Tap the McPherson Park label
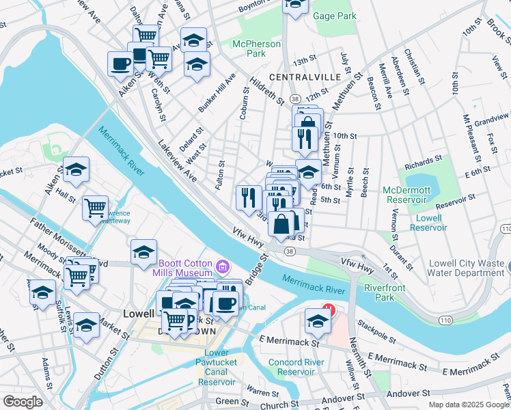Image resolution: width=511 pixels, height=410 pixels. (256, 49)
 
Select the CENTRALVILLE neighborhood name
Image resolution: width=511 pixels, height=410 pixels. (305, 77)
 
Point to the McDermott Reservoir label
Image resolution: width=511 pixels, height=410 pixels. (409, 195)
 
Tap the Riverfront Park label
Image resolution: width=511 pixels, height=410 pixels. (385, 292)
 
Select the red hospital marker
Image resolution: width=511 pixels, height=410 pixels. (328, 309)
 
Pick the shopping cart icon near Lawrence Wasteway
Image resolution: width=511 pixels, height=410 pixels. (95, 206)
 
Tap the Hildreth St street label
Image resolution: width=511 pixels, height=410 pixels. (266, 90)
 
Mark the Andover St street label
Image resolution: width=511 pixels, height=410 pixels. (406, 394)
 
